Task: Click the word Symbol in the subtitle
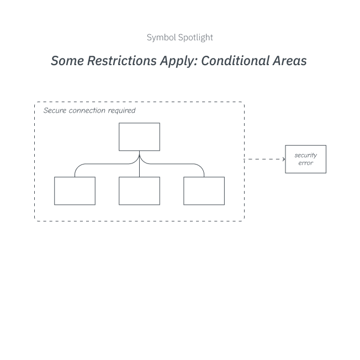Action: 161,38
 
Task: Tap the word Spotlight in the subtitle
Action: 195,38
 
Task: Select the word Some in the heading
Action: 67,61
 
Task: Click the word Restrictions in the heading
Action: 122,61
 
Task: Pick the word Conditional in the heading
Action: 235,61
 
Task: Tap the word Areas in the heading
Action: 289,61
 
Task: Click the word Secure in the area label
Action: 55,110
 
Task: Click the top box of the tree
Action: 139,137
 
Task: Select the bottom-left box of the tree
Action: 75,191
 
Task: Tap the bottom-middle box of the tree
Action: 139,191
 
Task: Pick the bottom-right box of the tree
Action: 204,191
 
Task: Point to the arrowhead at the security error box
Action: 284,159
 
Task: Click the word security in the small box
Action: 305,156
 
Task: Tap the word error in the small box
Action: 305,163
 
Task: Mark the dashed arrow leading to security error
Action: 264,159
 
